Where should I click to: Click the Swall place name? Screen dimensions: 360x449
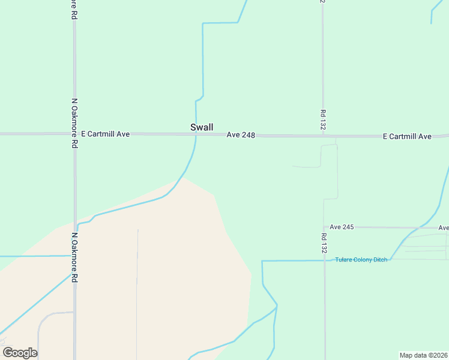[202, 127]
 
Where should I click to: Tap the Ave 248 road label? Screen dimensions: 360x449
[241, 136]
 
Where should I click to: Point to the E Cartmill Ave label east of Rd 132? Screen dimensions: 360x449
[407, 137]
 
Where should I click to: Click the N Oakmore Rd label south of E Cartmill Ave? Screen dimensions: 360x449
[75, 258]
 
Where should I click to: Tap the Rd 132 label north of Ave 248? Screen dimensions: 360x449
[323, 121]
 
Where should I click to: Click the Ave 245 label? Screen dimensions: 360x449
[342, 227]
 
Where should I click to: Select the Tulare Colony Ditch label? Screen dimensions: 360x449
[361, 259]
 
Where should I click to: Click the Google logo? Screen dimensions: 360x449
[20, 353]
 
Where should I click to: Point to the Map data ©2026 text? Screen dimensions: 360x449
[423, 355]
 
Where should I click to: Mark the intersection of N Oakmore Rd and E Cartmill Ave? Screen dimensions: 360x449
[74, 134]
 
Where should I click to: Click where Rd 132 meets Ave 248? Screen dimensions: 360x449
[323, 136]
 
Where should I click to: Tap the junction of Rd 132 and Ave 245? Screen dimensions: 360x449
[324, 227]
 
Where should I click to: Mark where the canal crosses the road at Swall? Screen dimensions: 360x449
[196, 135]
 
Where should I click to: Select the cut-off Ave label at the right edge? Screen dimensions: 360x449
[443, 228]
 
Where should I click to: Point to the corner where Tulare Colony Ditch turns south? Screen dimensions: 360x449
[262, 262]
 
